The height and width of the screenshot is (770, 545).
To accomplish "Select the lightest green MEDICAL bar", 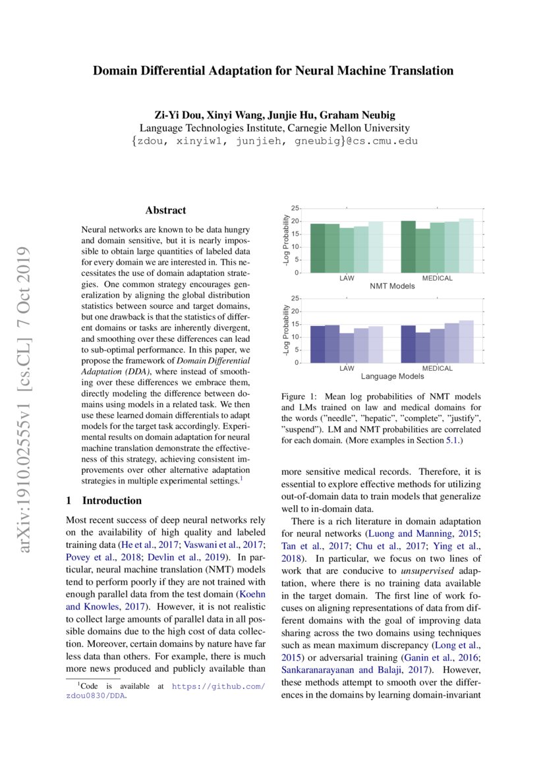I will [x=466, y=246].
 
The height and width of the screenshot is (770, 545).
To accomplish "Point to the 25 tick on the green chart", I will [x=295, y=208].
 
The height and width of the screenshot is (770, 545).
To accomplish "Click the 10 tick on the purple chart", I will [x=295, y=337].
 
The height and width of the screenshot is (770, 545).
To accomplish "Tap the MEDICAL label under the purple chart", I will [x=437, y=369].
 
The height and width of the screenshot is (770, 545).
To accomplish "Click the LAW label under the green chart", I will [x=347, y=279].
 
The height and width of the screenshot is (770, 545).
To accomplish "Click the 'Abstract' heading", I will [x=165, y=211].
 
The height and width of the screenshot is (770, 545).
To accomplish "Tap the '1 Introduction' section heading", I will [x=104, y=501].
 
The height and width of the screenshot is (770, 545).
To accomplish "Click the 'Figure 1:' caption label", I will [x=300, y=397].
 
